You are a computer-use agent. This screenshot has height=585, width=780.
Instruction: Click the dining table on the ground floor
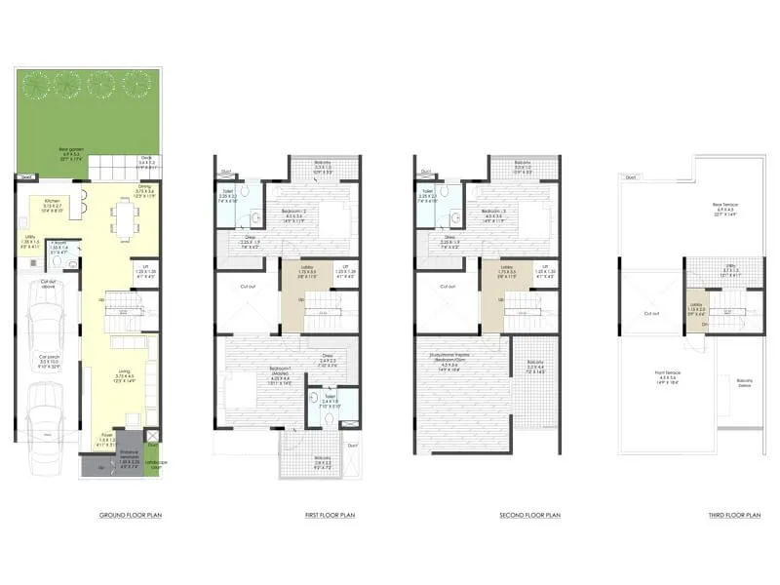(126, 218)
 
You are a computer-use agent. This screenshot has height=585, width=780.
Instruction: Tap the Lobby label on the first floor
(306, 270)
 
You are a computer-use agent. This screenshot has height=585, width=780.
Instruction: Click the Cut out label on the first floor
(248, 287)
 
